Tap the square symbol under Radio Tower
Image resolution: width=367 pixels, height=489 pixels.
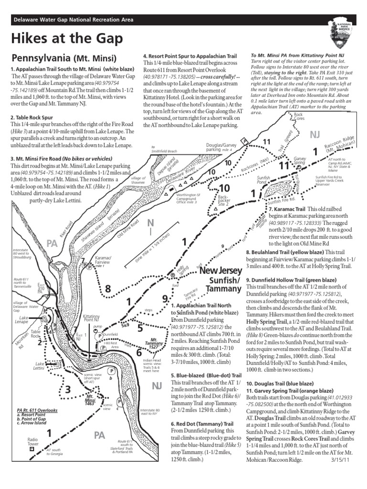tap(32, 449)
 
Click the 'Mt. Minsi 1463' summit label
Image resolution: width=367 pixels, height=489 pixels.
tap(89, 400)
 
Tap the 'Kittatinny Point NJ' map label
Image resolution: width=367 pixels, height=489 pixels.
tap(91, 318)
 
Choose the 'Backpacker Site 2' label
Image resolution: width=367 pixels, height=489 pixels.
tap(224, 198)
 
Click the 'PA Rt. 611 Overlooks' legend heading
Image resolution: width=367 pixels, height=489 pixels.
tap(37, 410)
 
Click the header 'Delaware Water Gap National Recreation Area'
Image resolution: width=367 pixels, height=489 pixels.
tap(73, 20)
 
